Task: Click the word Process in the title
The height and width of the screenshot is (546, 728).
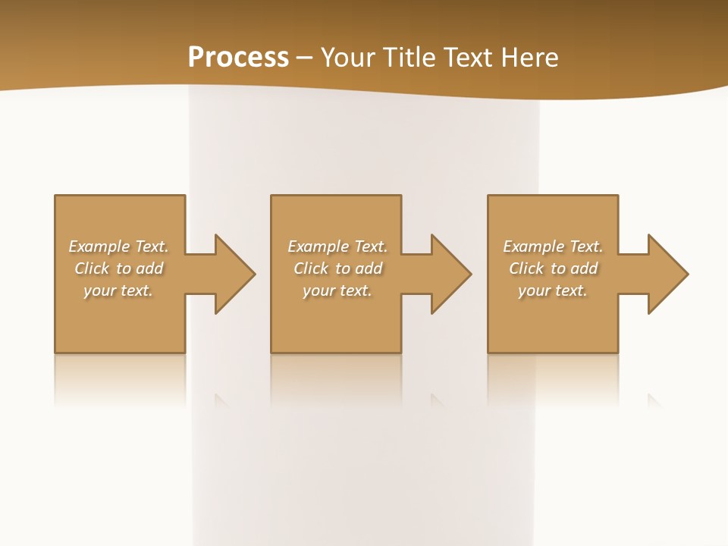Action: pyautogui.click(x=238, y=58)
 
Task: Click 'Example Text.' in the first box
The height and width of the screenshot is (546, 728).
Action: pyautogui.click(x=118, y=246)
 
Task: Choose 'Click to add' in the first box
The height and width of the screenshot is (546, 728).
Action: pyautogui.click(x=118, y=268)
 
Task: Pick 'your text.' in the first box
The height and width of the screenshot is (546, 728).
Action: pyautogui.click(x=118, y=290)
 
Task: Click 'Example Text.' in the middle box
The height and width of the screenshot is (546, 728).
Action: pyautogui.click(x=337, y=246)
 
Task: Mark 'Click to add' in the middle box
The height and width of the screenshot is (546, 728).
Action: pyautogui.click(x=337, y=268)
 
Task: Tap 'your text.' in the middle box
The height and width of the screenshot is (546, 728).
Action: pyautogui.click(x=337, y=290)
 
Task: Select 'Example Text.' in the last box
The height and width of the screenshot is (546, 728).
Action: pyautogui.click(x=553, y=246)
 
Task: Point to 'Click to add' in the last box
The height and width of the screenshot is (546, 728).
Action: pyautogui.click(x=553, y=268)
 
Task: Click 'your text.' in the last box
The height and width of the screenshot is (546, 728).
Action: pyautogui.click(x=553, y=290)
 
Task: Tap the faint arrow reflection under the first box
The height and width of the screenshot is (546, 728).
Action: pyautogui.click(x=221, y=399)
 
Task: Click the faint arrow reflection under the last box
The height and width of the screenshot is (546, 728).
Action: pyautogui.click(x=654, y=399)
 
